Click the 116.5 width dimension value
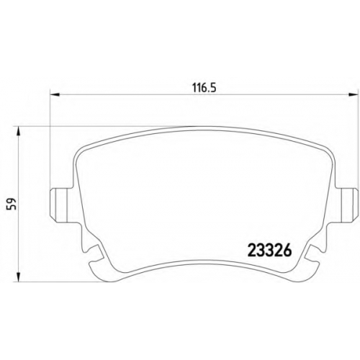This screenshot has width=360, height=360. point(204,88)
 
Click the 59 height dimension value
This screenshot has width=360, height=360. point(12,204)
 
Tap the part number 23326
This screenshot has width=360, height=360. point(269,251)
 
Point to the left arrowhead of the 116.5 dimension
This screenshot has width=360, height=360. point(54,94)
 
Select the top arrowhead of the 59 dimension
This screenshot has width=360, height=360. point(18,131)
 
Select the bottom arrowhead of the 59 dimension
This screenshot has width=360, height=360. point(18,276)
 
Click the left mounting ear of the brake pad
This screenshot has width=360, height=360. point(62,205)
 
